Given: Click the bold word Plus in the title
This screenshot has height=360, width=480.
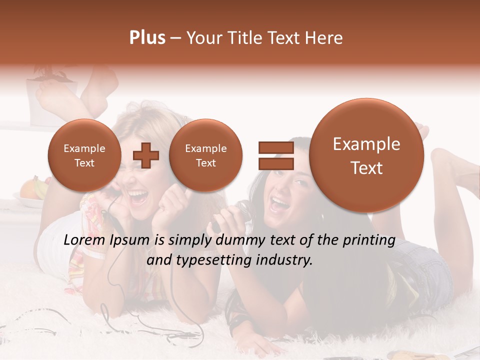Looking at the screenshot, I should (x=147, y=38).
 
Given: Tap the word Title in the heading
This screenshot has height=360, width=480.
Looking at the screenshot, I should (x=248, y=38).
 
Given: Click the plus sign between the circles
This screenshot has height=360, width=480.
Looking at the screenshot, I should (x=146, y=155).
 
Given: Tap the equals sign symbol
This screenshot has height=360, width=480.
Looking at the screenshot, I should (x=275, y=155).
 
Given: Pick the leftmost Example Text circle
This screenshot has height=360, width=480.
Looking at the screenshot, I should (x=84, y=155).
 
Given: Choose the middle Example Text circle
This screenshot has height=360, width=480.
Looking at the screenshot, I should (x=205, y=155).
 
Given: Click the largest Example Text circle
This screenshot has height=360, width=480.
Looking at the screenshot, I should (x=366, y=155).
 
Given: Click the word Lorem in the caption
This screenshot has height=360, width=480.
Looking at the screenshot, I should (x=85, y=240).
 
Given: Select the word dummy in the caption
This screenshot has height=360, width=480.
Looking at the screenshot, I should (x=237, y=241).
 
